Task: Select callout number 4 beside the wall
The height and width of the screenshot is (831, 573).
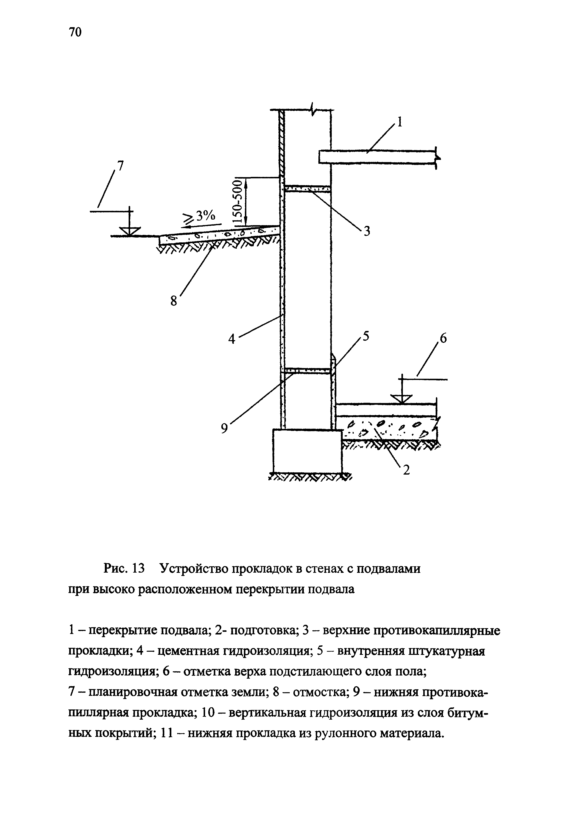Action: pyautogui.click(x=232, y=338)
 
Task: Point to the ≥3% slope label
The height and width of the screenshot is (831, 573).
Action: pyautogui.click(x=200, y=216)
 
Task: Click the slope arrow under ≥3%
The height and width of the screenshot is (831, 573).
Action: pyautogui.click(x=201, y=225)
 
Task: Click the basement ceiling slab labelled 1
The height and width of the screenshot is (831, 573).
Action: pyautogui.click(x=377, y=157)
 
